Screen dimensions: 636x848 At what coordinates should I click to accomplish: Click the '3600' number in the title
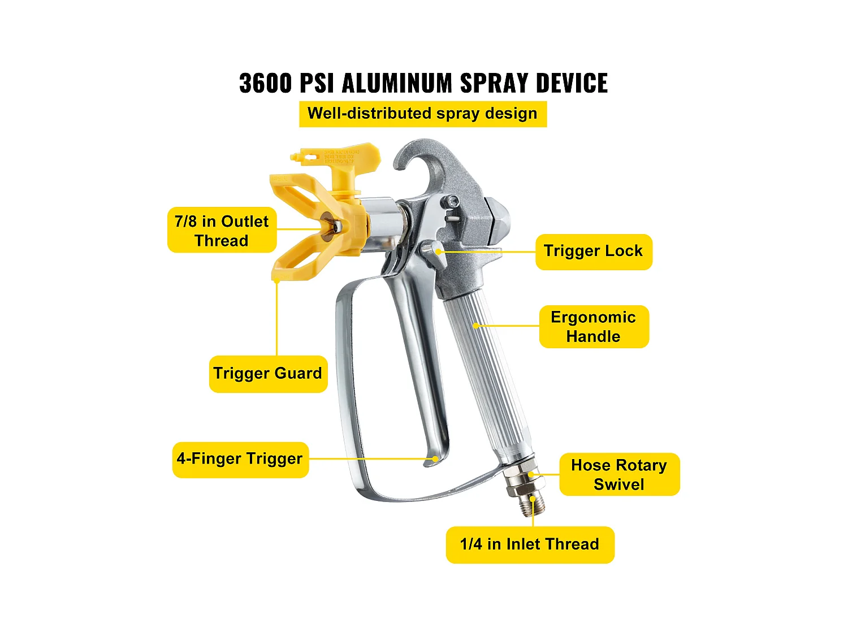click(266, 83)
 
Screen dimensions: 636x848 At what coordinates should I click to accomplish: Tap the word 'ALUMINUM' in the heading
click(397, 83)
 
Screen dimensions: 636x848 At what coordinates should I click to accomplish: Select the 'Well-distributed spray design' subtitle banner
click(423, 114)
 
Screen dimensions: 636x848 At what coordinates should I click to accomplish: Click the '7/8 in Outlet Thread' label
click(222, 231)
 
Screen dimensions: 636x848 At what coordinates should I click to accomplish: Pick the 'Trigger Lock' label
click(594, 252)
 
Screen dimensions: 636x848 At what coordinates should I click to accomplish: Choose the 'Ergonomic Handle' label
click(594, 327)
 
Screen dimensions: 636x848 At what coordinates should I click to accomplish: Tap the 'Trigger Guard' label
click(268, 374)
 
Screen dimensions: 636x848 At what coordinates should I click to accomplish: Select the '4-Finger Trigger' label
click(240, 459)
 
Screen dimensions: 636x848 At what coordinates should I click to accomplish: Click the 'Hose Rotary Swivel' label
click(619, 474)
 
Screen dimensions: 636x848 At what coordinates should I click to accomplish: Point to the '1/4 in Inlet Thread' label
click(530, 544)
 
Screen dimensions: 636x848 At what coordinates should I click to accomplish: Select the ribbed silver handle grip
click(486, 367)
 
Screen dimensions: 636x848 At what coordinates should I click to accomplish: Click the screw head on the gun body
click(452, 201)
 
